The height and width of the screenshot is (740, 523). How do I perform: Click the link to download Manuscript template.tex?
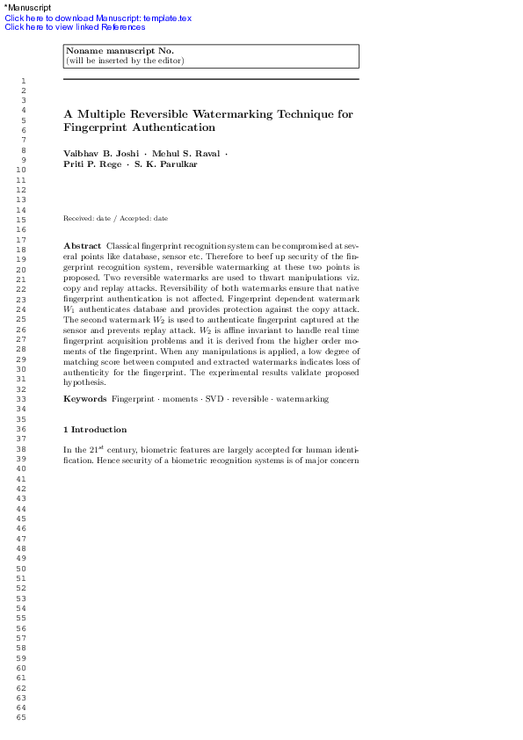coord(98,18)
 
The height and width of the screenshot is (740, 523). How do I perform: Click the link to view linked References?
coord(75,26)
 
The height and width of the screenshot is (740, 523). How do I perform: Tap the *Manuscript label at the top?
coord(28,8)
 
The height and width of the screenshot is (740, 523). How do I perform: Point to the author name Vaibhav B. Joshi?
coord(101,154)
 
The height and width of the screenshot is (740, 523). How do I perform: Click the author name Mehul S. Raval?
coord(186,154)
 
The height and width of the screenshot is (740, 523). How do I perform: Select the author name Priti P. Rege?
coord(92,164)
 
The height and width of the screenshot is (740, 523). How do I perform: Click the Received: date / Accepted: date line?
coord(115,218)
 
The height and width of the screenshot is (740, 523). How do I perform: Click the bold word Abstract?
coord(82,244)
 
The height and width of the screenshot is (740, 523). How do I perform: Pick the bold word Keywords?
coord(85,399)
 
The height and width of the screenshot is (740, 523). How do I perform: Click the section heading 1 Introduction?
coord(95,430)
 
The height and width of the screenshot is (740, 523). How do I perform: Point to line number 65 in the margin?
coord(21,718)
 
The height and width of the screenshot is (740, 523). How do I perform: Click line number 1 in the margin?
coord(21,80)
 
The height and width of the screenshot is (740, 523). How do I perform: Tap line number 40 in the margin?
coord(21,468)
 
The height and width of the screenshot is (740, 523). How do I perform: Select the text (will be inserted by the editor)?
coord(125,61)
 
